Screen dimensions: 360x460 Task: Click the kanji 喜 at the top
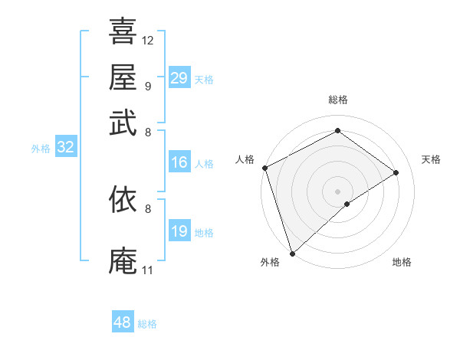point(123,32)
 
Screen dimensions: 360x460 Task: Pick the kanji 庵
point(123,260)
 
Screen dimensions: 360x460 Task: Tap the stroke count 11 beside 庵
point(148,270)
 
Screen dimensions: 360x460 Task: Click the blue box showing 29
point(179,78)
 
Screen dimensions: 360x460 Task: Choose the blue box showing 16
point(179,162)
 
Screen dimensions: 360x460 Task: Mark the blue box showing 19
point(179,231)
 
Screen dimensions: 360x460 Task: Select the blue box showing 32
point(65,148)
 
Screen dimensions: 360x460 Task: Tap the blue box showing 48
point(123,322)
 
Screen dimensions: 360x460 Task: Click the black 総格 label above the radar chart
point(338,100)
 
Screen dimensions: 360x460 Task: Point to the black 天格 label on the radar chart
point(431,159)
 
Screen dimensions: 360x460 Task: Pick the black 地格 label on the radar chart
point(402,263)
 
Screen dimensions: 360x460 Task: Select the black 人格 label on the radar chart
point(245,159)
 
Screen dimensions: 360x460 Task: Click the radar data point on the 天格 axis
point(396,172)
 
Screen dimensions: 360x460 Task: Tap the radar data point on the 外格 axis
point(292,253)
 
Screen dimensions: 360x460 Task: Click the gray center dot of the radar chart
point(337,191)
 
